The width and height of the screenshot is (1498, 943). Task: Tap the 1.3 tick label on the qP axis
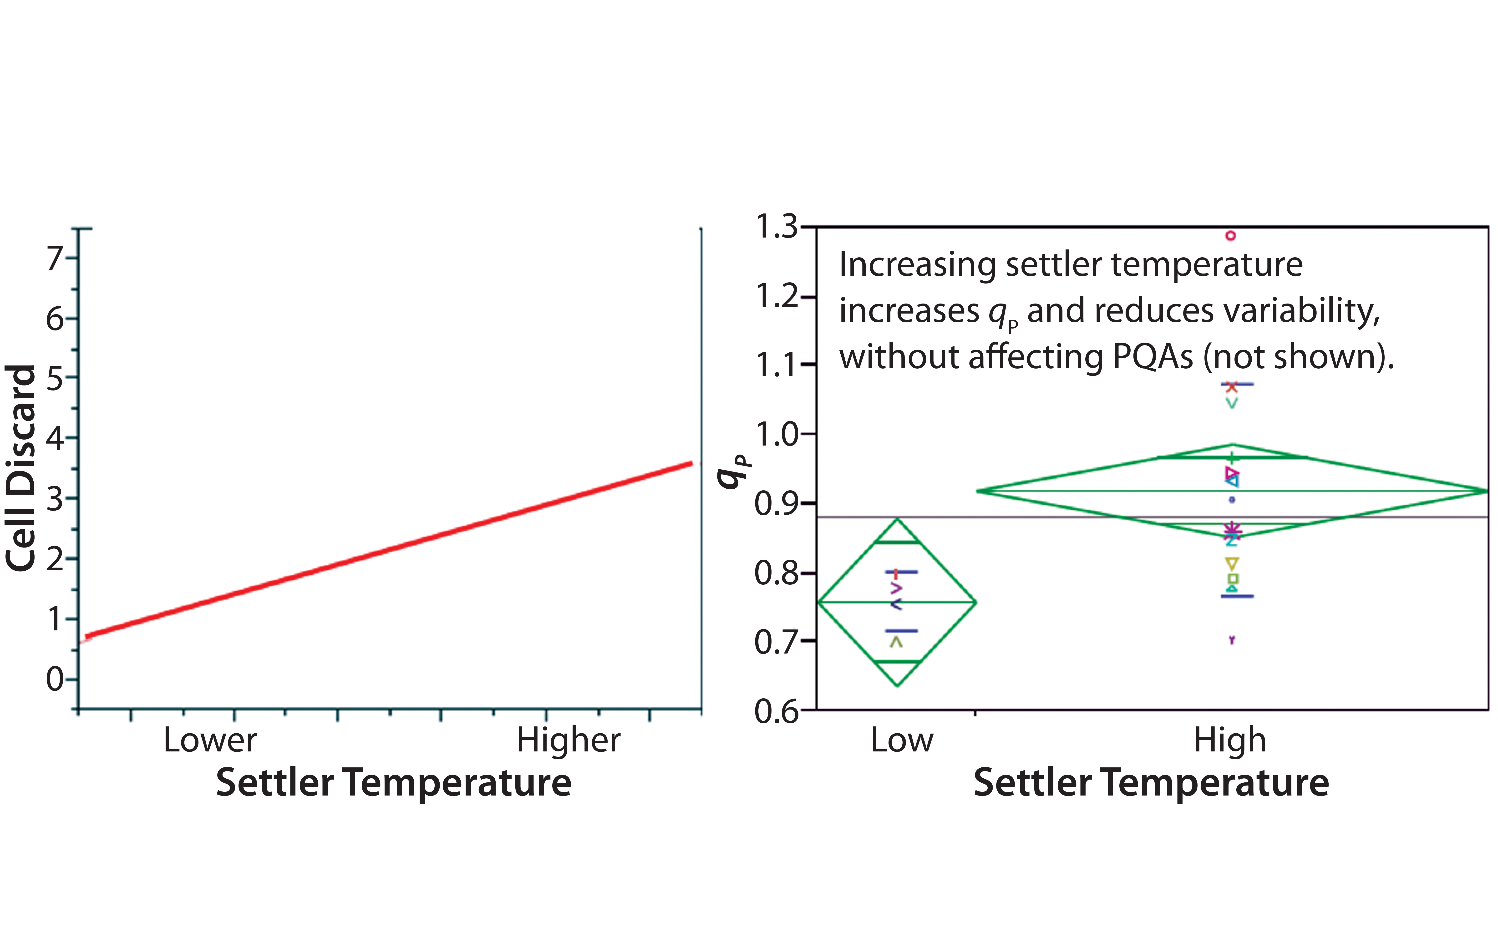[776, 227]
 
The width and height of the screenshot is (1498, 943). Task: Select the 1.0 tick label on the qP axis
[776, 434]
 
